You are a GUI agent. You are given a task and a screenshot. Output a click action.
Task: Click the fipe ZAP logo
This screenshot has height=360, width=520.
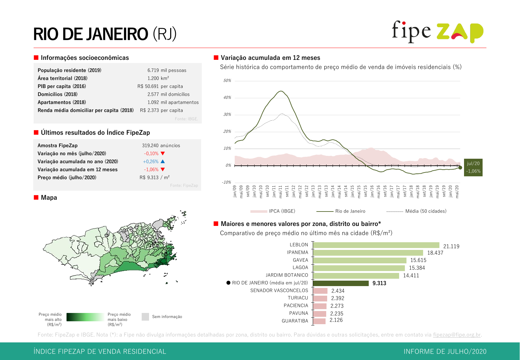coord(437,32)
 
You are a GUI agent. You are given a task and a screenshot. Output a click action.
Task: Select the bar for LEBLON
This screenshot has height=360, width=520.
coord(376,245)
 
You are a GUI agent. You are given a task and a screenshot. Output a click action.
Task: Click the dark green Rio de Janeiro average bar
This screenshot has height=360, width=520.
coord(341,283)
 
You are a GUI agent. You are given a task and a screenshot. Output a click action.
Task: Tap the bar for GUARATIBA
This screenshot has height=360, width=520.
coord(319,321)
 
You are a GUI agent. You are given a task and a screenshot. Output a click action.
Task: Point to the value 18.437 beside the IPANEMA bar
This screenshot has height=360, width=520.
coord(435,253)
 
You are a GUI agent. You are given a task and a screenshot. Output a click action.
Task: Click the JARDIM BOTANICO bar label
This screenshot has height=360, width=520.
coord(287,275)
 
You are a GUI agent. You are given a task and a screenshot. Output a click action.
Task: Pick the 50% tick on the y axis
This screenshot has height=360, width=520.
coord(227,81)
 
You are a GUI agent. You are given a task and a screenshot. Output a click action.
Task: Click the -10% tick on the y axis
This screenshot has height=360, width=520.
coord(226,182)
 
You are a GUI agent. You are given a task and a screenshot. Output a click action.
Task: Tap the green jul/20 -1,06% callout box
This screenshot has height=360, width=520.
coord(473,167)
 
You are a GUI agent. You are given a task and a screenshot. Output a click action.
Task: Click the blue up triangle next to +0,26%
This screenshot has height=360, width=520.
coord(163,162)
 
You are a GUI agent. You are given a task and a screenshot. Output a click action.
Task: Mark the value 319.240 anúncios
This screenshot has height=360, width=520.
coord(161,146)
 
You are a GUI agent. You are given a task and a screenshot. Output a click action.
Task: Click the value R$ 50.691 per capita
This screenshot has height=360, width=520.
coord(160,86)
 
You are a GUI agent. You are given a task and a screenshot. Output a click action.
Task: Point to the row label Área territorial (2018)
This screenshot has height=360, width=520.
coord(62,78)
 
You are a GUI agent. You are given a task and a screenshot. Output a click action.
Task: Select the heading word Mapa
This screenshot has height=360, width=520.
coord(49,198)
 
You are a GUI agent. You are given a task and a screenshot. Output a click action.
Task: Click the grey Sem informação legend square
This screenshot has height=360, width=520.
coord(145,317)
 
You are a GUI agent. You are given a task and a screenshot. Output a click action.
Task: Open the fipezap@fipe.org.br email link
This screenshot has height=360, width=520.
coord(457,335)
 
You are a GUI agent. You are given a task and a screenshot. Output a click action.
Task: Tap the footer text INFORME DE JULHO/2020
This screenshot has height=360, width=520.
coord(445,351)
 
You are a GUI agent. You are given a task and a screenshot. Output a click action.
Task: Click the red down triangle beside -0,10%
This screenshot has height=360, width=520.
coord(163,154)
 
